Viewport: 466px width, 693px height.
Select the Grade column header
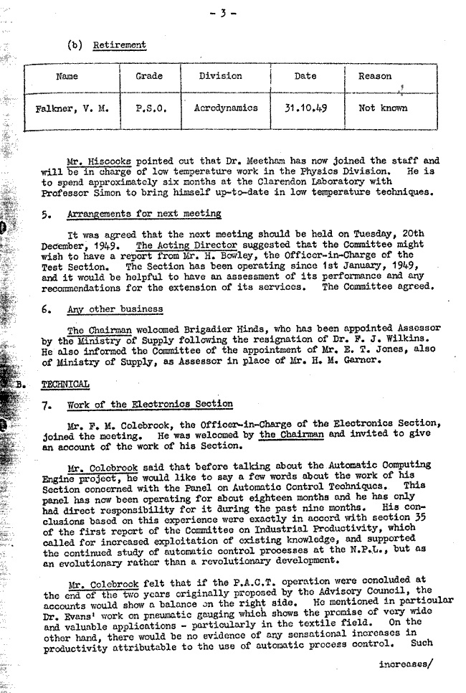(x=148, y=76)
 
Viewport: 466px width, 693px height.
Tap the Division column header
(x=220, y=76)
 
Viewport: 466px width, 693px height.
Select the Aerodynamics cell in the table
(x=226, y=108)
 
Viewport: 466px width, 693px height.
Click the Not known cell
(x=383, y=108)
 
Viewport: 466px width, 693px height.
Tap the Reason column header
(x=375, y=76)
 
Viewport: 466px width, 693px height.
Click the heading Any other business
(x=115, y=309)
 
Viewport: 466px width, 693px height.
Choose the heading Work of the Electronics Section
(x=149, y=405)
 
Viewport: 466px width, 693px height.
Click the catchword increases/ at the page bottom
(x=406, y=664)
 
